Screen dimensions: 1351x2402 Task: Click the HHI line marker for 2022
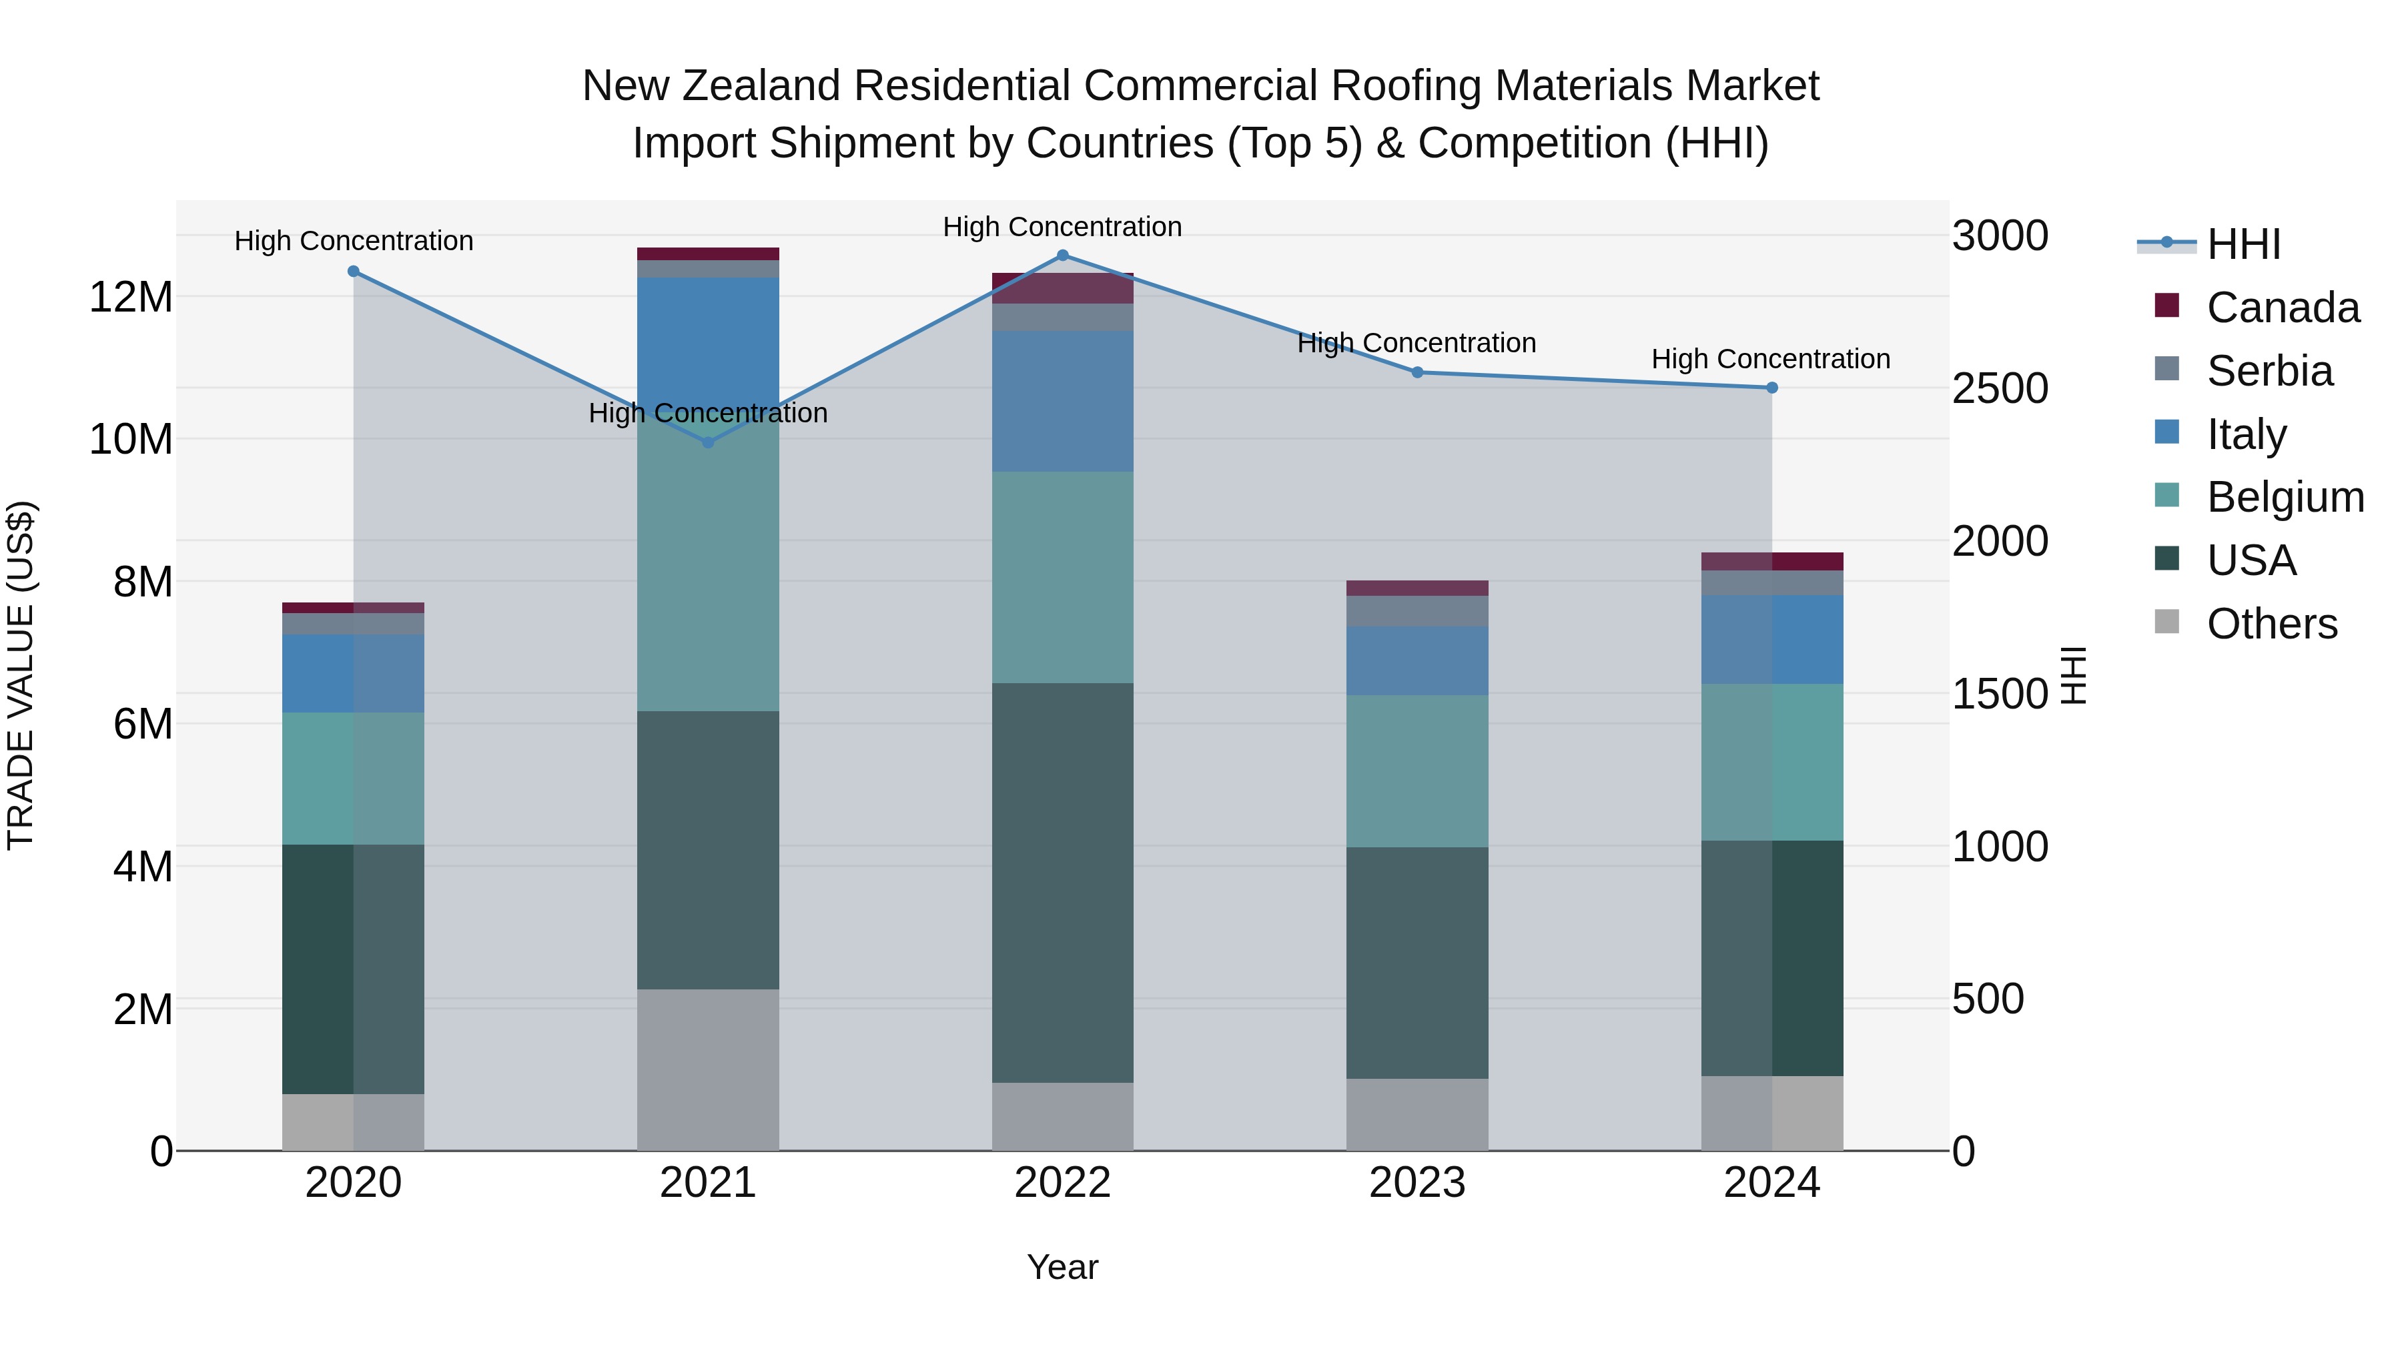click(1062, 256)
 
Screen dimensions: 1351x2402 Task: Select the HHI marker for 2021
click(708, 443)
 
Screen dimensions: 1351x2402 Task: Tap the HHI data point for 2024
click(1771, 388)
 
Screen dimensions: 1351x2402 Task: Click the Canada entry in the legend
click(2282, 308)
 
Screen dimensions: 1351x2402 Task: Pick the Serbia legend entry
click(2269, 371)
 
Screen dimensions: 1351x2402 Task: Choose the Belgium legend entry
click(2285, 497)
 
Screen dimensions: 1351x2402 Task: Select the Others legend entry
click(2271, 624)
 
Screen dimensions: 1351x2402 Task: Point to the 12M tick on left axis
click(131, 298)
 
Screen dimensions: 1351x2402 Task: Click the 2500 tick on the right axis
click(2000, 389)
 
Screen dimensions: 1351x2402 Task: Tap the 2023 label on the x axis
click(1417, 1183)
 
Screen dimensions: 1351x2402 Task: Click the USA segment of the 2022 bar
click(1062, 882)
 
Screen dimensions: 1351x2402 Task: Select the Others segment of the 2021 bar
click(708, 1069)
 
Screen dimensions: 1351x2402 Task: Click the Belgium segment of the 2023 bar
click(1417, 771)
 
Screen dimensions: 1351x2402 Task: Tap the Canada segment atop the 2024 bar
click(1771, 561)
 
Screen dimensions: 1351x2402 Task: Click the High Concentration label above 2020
click(354, 242)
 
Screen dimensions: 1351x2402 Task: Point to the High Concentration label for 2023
click(1417, 343)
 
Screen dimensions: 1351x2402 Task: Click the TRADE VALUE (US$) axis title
click(21, 675)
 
